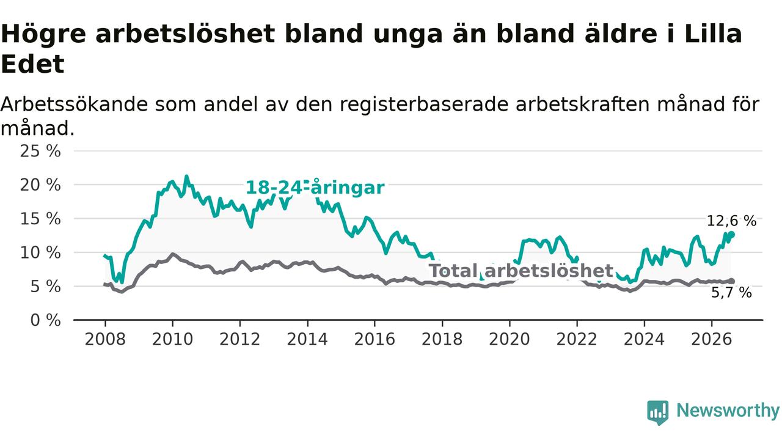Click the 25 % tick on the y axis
(x=40, y=152)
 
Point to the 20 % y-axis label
(x=40, y=185)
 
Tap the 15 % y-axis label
(x=40, y=219)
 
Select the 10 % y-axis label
(x=40, y=252)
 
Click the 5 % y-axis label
(x=45, y=287)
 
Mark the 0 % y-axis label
(x=45, y=320)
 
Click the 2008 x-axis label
(x=105, y=339)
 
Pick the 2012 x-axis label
(x=240, y=339)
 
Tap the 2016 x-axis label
(x=375, y=339)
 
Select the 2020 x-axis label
(x=510, y=339)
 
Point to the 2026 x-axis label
(x=712, y=339)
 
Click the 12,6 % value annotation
(x=731, y=221)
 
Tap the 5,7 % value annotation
(x=731, y=293)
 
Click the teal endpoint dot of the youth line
(x=732, y=234)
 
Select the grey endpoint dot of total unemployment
(x=732, y=282)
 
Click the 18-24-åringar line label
(x=315, y=188)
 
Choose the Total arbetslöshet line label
(x=521, y=271)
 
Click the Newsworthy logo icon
(x=658, y=413)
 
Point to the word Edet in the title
(x=32, y=64)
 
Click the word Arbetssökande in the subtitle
(x=74, y=105)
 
